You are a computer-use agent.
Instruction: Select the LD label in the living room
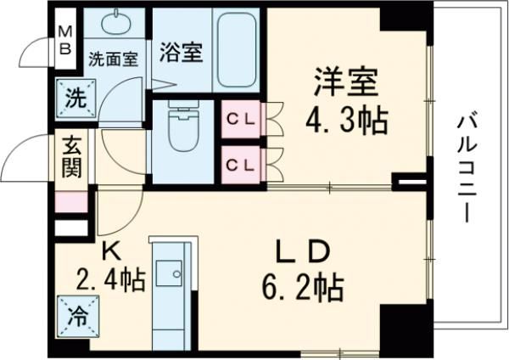pyautogui.click(x=303, y=252)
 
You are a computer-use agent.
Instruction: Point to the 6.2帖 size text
pyautogui.click(x=302, y=289)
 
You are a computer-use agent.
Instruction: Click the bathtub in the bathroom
pyautogui.click(x=236, y=50)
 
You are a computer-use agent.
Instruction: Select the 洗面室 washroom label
pyautogui.click(x=113, y=60)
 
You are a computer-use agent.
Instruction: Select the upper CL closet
pyautogui.click(x=239, y=120)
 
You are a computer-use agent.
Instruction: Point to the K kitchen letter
pyautogui.click(x=109, y=250)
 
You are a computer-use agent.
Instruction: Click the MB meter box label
pyautogui.click(x=64, y=37)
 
